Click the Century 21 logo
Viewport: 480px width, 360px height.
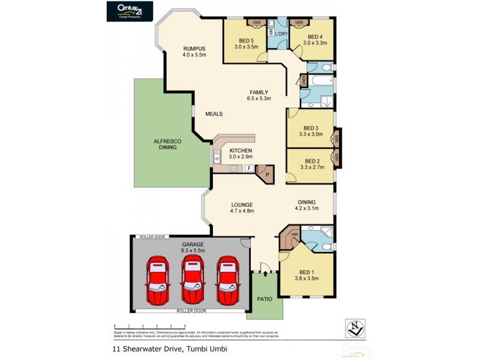click(130, 11)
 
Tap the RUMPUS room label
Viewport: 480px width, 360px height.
click(194, 49)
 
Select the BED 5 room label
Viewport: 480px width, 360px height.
click(246, 41)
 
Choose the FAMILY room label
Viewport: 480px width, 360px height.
click(259, 92)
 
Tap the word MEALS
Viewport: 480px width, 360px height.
click(214, 113)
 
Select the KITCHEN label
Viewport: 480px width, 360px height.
click(239, 151)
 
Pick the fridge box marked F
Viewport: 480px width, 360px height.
click(249, 169)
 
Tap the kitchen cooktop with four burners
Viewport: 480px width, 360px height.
click(235, 169)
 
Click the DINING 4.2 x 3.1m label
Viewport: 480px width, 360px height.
click(306, 205)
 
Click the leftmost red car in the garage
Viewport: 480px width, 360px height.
click(158, 280)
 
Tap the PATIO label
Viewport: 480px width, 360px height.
click(265, 298)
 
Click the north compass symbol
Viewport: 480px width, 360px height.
click(356, 328)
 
